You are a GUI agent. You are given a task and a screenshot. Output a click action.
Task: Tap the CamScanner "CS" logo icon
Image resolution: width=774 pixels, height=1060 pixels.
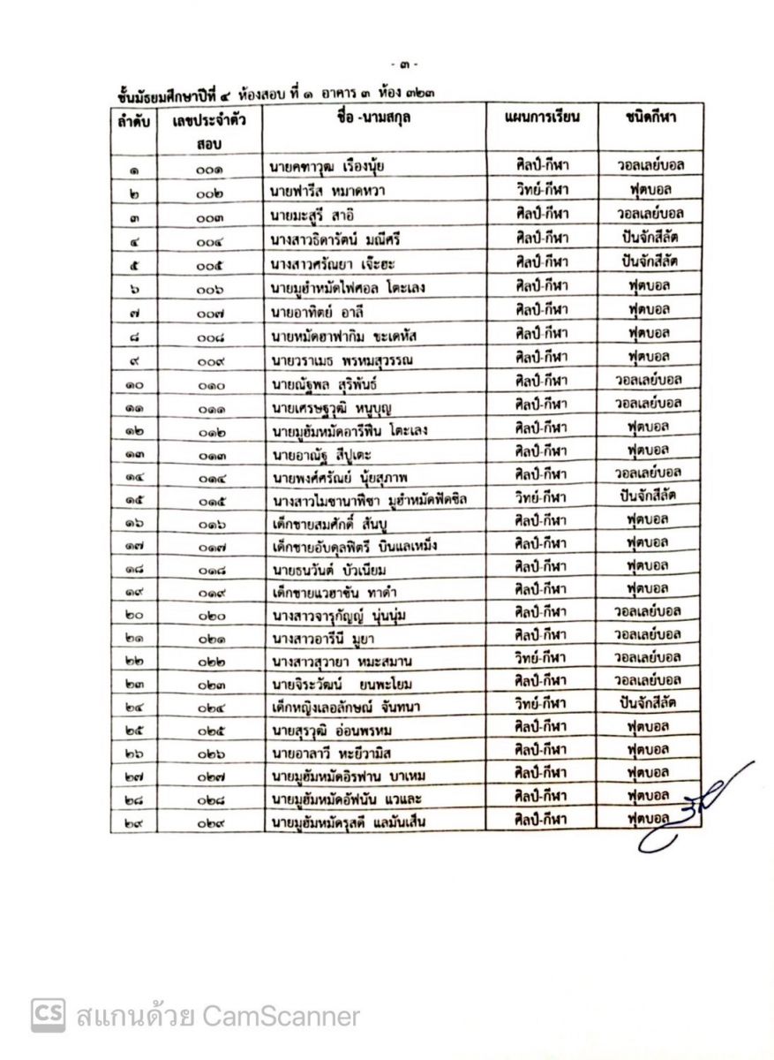(x=49, y=1015)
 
